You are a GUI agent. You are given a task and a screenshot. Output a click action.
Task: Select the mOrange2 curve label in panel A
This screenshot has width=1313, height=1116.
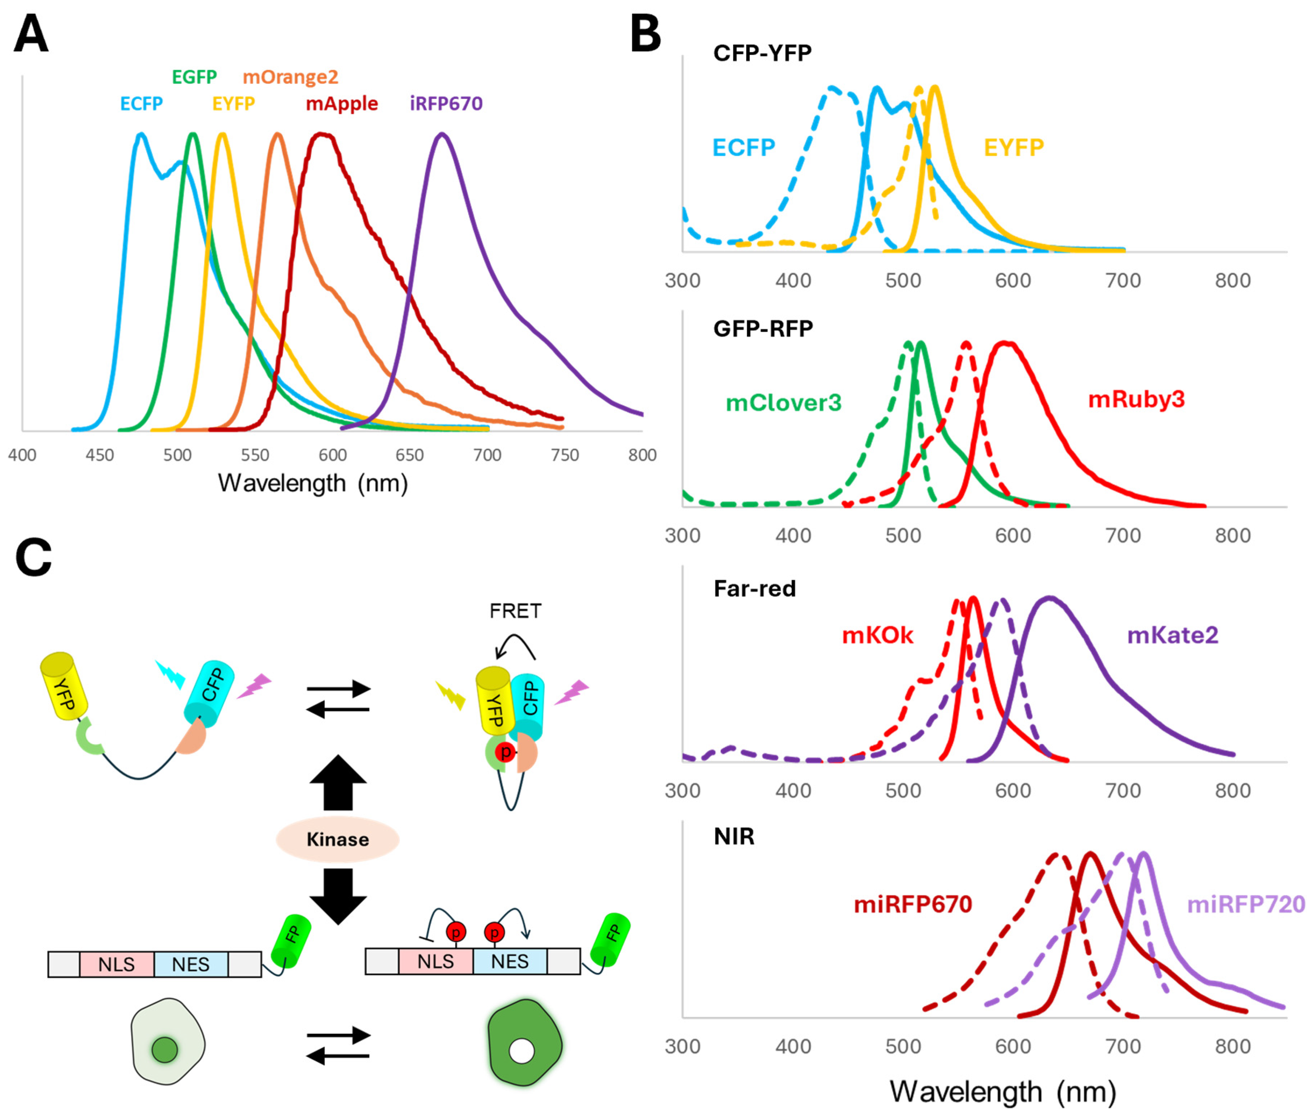[290, 77]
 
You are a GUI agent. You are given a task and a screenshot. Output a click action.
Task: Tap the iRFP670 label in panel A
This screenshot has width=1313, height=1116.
[446, 104]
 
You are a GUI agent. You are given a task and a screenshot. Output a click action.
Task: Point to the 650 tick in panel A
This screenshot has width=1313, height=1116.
[410, 455]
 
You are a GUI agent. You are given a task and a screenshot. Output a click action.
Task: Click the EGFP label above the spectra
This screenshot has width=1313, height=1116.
[194, 77]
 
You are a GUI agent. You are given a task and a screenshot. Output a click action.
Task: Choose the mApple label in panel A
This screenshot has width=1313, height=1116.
[342, 104]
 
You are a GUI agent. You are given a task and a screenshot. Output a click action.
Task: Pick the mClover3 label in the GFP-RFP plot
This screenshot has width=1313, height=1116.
[783, 403]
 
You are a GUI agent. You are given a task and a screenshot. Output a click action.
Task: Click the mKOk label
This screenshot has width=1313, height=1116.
[877, 635]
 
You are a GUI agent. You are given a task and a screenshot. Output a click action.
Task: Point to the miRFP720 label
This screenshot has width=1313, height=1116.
[1245, 905]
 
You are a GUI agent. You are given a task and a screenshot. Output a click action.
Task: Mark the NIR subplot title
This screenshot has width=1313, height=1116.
[734, 836]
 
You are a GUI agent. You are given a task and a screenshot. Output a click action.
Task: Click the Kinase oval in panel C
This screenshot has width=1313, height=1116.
[337, 840]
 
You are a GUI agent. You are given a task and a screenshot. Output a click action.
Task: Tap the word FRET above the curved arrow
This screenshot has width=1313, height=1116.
[515, 611]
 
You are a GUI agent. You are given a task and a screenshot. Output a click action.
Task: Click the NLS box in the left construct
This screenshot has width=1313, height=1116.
[117, 964]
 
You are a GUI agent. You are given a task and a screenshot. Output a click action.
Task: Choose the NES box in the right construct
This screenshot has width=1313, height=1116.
[509, 962]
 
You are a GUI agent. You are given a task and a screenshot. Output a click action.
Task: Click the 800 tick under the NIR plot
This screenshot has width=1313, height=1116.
[1232, 1046]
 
